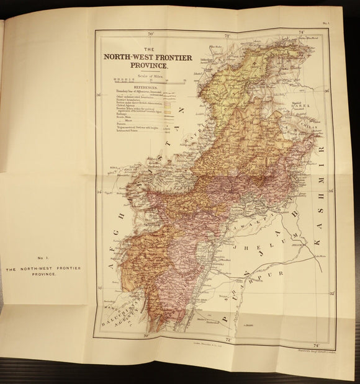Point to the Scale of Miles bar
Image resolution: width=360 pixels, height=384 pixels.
coord(149,81)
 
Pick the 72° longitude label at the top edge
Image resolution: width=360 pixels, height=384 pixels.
coord(227,36)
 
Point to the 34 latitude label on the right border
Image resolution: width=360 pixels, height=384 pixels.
coord(331,192)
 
